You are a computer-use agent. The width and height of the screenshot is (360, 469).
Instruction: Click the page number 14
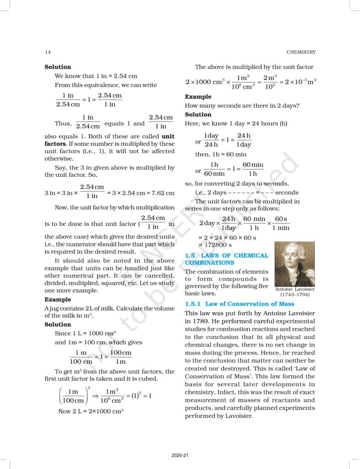point(48,52)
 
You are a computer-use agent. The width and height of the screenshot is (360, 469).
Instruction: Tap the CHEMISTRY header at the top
point(300,52)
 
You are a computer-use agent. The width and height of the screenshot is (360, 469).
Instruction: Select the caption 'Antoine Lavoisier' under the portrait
point(295,289)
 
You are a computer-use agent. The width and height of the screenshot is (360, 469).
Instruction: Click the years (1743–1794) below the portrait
point(295,295)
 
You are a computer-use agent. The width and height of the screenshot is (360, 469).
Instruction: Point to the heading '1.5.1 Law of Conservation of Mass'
point(239,304)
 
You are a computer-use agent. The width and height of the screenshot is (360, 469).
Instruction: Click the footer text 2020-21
point(180,455)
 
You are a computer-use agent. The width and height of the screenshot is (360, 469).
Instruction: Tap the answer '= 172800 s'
point(218,245)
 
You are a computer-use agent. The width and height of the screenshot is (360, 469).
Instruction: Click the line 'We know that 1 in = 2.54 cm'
point(96,76)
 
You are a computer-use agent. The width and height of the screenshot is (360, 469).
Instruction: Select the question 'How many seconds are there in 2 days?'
point(242,106)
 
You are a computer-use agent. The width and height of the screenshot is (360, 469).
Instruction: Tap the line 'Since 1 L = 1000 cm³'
point(85,333)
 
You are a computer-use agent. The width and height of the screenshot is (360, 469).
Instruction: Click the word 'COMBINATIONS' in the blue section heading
point(209,263)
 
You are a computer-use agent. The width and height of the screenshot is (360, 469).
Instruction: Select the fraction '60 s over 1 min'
point(281,224)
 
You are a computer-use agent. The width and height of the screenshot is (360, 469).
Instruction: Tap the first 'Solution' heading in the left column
point(58,67)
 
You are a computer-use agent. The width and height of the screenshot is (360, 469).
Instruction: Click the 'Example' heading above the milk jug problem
point(58,300)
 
